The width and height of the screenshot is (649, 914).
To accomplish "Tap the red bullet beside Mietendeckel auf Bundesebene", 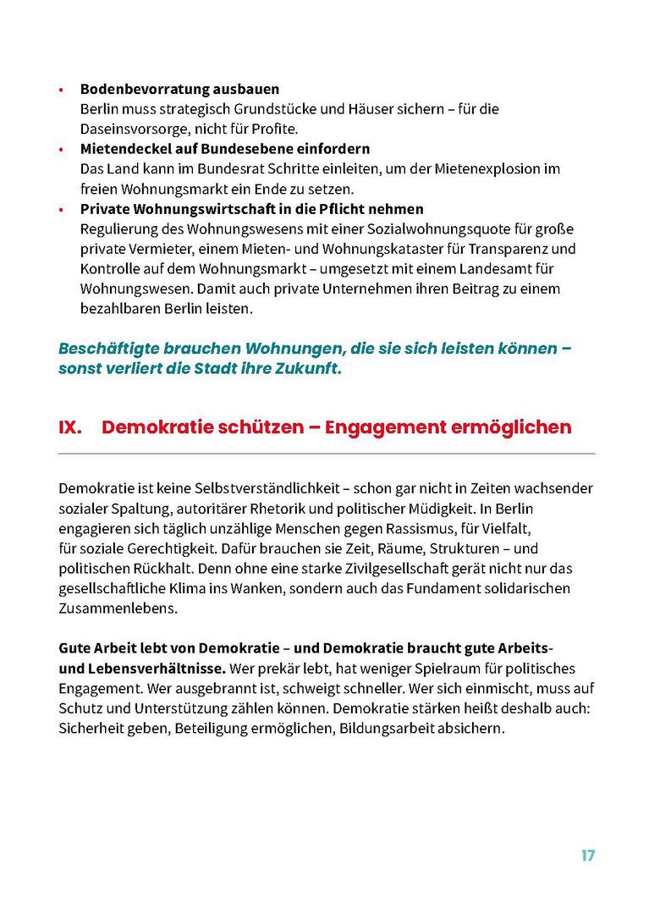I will pos(61,150).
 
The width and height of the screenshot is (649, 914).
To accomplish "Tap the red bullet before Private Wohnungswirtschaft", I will pos(61,210).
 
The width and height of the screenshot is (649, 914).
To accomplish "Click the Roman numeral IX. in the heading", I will pos(70,427).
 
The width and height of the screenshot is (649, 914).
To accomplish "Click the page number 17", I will pos(587,856).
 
